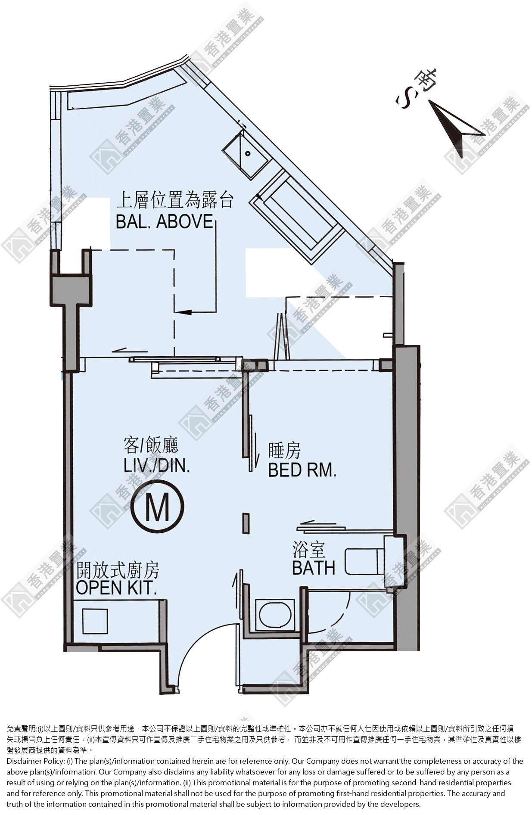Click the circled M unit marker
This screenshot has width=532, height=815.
point(158,507)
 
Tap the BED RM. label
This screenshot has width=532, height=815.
point(302,470)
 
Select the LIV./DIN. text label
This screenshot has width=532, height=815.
point(157,465)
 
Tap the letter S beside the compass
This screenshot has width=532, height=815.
point(405,100)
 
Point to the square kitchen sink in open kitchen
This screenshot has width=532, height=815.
point(94,620)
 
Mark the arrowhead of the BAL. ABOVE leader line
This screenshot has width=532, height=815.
point(183,311)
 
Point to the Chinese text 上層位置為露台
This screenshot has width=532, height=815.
point(175,201)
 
